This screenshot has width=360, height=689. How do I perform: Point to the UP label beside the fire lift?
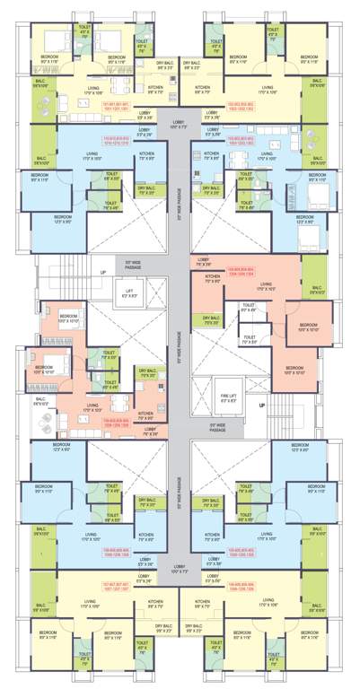pyautogui.click(x=262, y=405)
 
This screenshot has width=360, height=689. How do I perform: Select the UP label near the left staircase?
pyautogui.click(x=103, y=272)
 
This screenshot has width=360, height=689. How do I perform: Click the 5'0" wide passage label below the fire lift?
pyautogui.click(x=217, y=424)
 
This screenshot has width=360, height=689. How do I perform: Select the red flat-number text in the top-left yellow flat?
pyautogui.click(x=118, y=105)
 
